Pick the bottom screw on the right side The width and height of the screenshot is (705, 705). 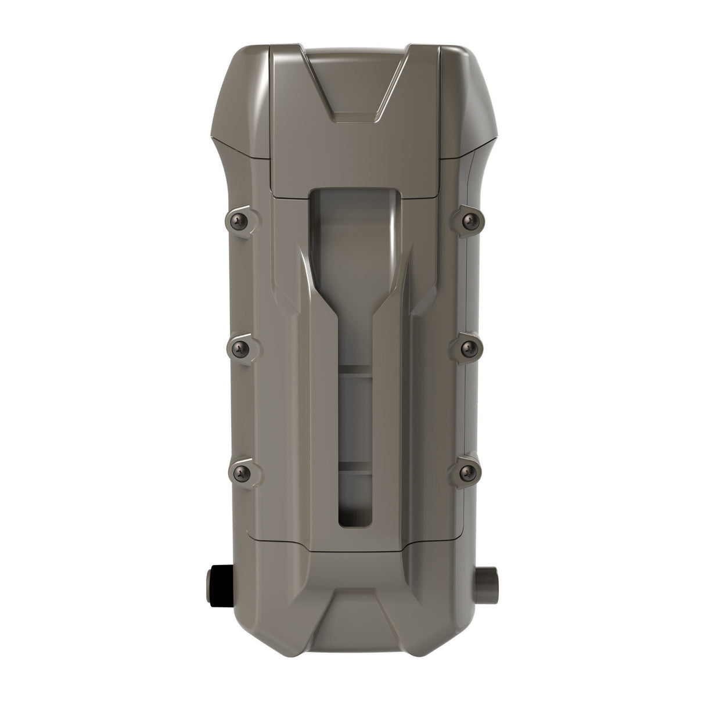coord(467,472)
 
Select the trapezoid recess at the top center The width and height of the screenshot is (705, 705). coord(352,81)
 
